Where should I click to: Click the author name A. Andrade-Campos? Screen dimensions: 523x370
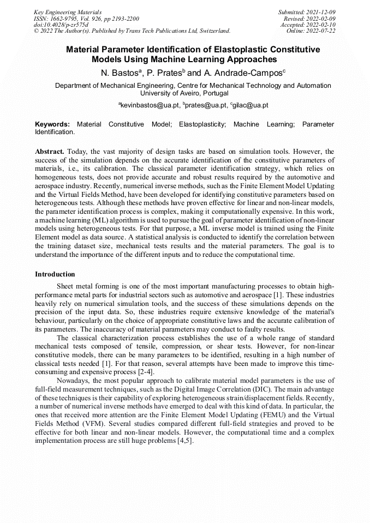click(242, 73)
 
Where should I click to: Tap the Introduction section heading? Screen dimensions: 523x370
click(55, 274)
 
